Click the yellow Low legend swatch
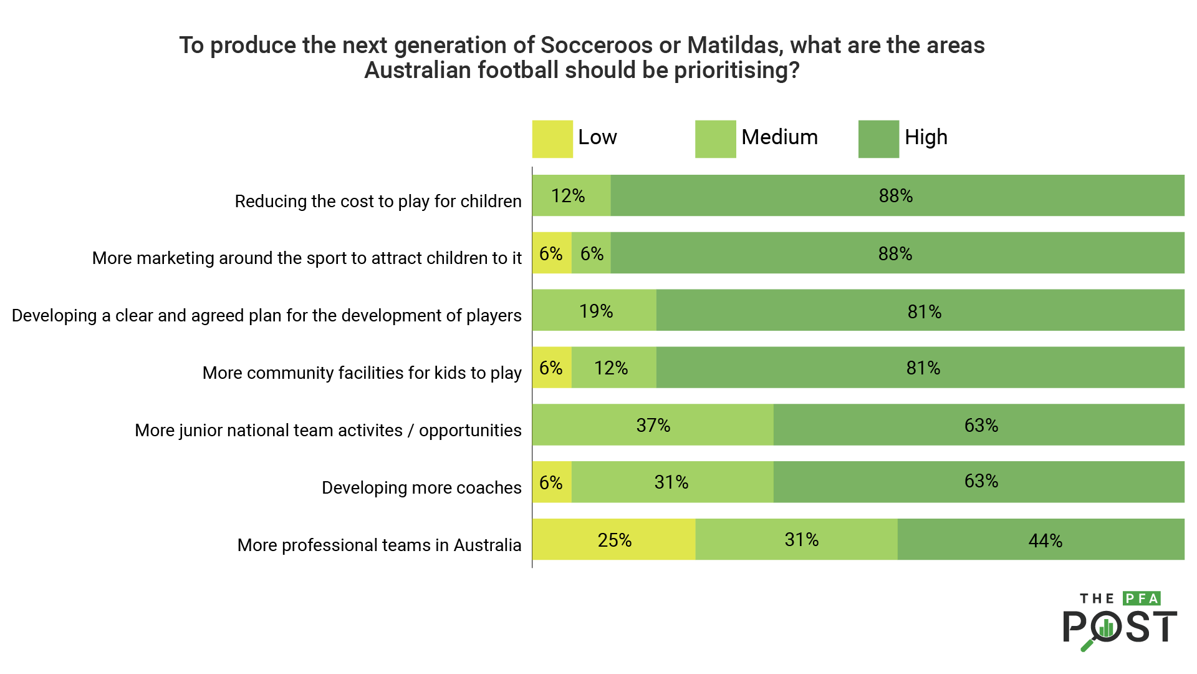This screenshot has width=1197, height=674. point(552,139)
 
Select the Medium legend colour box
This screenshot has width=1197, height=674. point(715,139)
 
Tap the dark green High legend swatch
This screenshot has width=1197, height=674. point(878,139)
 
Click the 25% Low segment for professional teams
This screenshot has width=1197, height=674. point(614,540)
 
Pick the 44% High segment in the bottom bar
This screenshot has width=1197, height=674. point(1041,540)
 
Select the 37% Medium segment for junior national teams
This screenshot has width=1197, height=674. point(653,425)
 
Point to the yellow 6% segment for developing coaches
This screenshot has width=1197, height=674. point(552,482)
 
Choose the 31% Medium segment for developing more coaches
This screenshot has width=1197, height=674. point(672,482)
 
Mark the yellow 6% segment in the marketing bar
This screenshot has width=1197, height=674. point(552,253)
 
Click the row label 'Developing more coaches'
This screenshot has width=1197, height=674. point(421,487)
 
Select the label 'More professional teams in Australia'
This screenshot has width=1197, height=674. point(379,545)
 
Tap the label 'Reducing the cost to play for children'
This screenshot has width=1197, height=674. point(378,201)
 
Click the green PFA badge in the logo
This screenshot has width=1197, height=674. point(1142,598)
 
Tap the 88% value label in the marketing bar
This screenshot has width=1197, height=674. point(895,253)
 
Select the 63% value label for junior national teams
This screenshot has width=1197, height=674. point(981,425)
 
